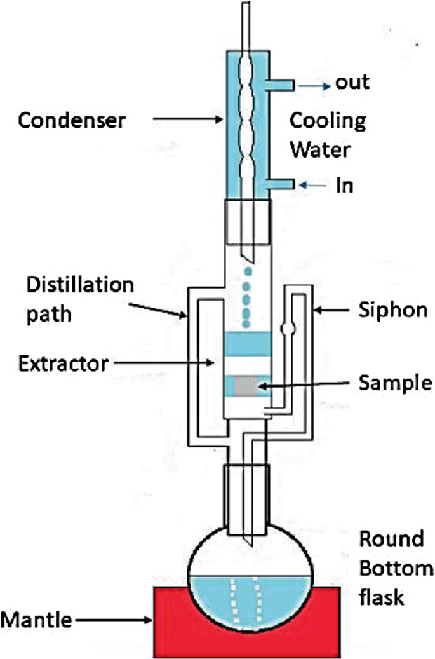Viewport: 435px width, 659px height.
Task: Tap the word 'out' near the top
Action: coord(352,83)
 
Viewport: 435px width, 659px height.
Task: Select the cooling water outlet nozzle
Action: coord(279,85)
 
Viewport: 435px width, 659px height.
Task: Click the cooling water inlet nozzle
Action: coord(279,184)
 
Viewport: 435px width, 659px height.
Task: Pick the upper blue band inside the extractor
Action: coord(248,347)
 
